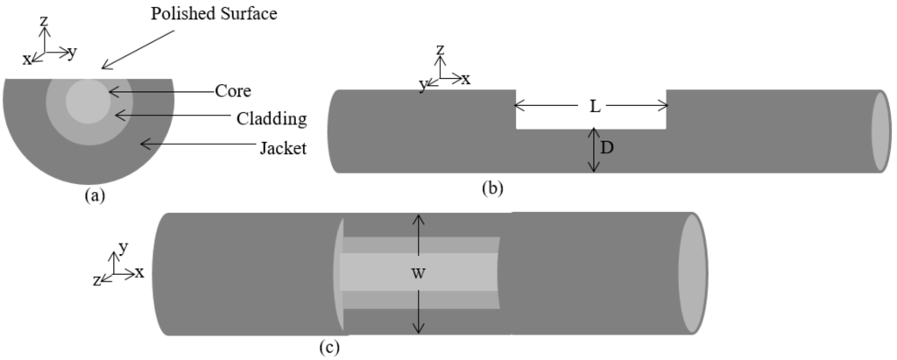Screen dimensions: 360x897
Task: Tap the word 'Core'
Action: point(233,90)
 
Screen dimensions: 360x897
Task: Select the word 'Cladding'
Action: point(271,117)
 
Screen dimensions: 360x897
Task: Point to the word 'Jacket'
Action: point(283,148)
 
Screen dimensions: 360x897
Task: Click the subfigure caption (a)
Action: point(94,196)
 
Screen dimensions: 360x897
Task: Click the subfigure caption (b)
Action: point(493,186)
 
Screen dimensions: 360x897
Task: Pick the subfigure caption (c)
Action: point(329,347)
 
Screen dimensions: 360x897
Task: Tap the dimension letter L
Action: point(594,107)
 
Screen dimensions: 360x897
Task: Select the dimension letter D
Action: point(606,148)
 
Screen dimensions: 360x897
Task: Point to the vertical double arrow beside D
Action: point(593,150)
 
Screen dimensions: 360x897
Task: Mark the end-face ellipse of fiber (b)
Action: point(880,131)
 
